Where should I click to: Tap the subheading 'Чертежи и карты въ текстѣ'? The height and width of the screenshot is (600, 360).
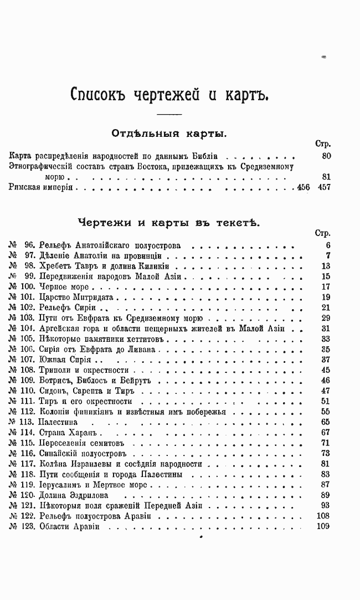pos(168,222)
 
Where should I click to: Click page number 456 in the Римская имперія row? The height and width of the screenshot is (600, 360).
pos(304,188)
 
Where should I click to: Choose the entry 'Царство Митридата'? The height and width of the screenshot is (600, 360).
pos(76,297)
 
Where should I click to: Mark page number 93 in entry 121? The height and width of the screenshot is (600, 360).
pos(325,505)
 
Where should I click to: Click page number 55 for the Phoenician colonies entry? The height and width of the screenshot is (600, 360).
pos(325,412)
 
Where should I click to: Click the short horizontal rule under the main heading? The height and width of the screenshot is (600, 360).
pos(169,114)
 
